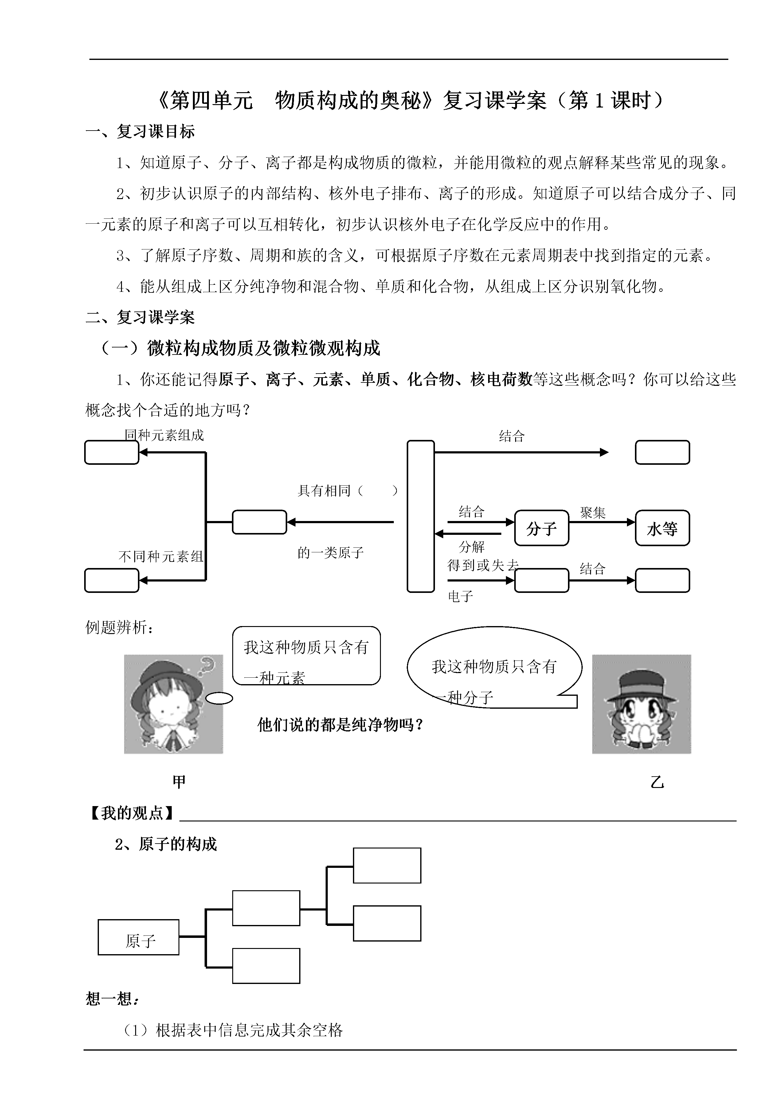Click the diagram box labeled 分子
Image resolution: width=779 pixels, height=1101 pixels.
(x=542, y=528)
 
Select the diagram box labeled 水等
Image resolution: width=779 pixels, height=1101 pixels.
(x=663, y=528)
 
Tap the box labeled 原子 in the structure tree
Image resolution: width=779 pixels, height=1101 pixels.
(x=139, y=937)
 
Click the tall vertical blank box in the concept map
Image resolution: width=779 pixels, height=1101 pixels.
(x=421, y=516)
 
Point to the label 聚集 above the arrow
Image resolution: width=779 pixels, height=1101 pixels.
(x=593, y=512)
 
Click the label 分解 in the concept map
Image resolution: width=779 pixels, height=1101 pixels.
(x=472, y=547)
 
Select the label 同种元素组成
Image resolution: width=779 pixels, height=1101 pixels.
(x=165, y=435)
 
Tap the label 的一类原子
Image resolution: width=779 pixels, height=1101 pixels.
(x=331, y=553)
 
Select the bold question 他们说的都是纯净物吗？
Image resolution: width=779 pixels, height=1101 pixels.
(x=341, y=724)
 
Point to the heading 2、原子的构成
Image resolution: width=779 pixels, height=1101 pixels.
(x=166, y=844)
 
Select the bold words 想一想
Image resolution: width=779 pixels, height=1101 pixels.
(x=109, y=999)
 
